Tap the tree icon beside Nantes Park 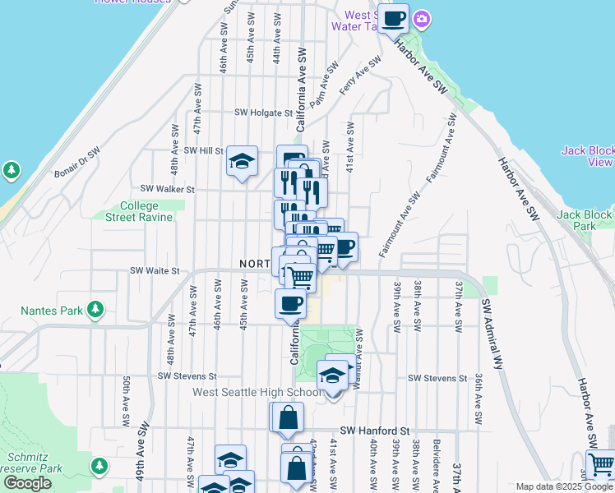pyautogui.click(x=97, y=310)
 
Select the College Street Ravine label pyautogui.click(x=139, y=211)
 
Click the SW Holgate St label pyautogui.click(x=263, y=113)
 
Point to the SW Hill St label pyautogui.click(x=203, y=151)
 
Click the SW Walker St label pyautogui.click(x=167, y=188)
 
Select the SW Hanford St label pyautogui.click(x=375, y=430)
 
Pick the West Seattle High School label pyautogui.click(x=257, y=393)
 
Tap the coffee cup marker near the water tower pyautogui.click(x=393, y=17)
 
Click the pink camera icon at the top pyautogui.click(x=422, y=18)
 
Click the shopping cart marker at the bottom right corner pyautogui.click(x=600, y=464)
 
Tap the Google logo pyautogui.click(x=27, y=483)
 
